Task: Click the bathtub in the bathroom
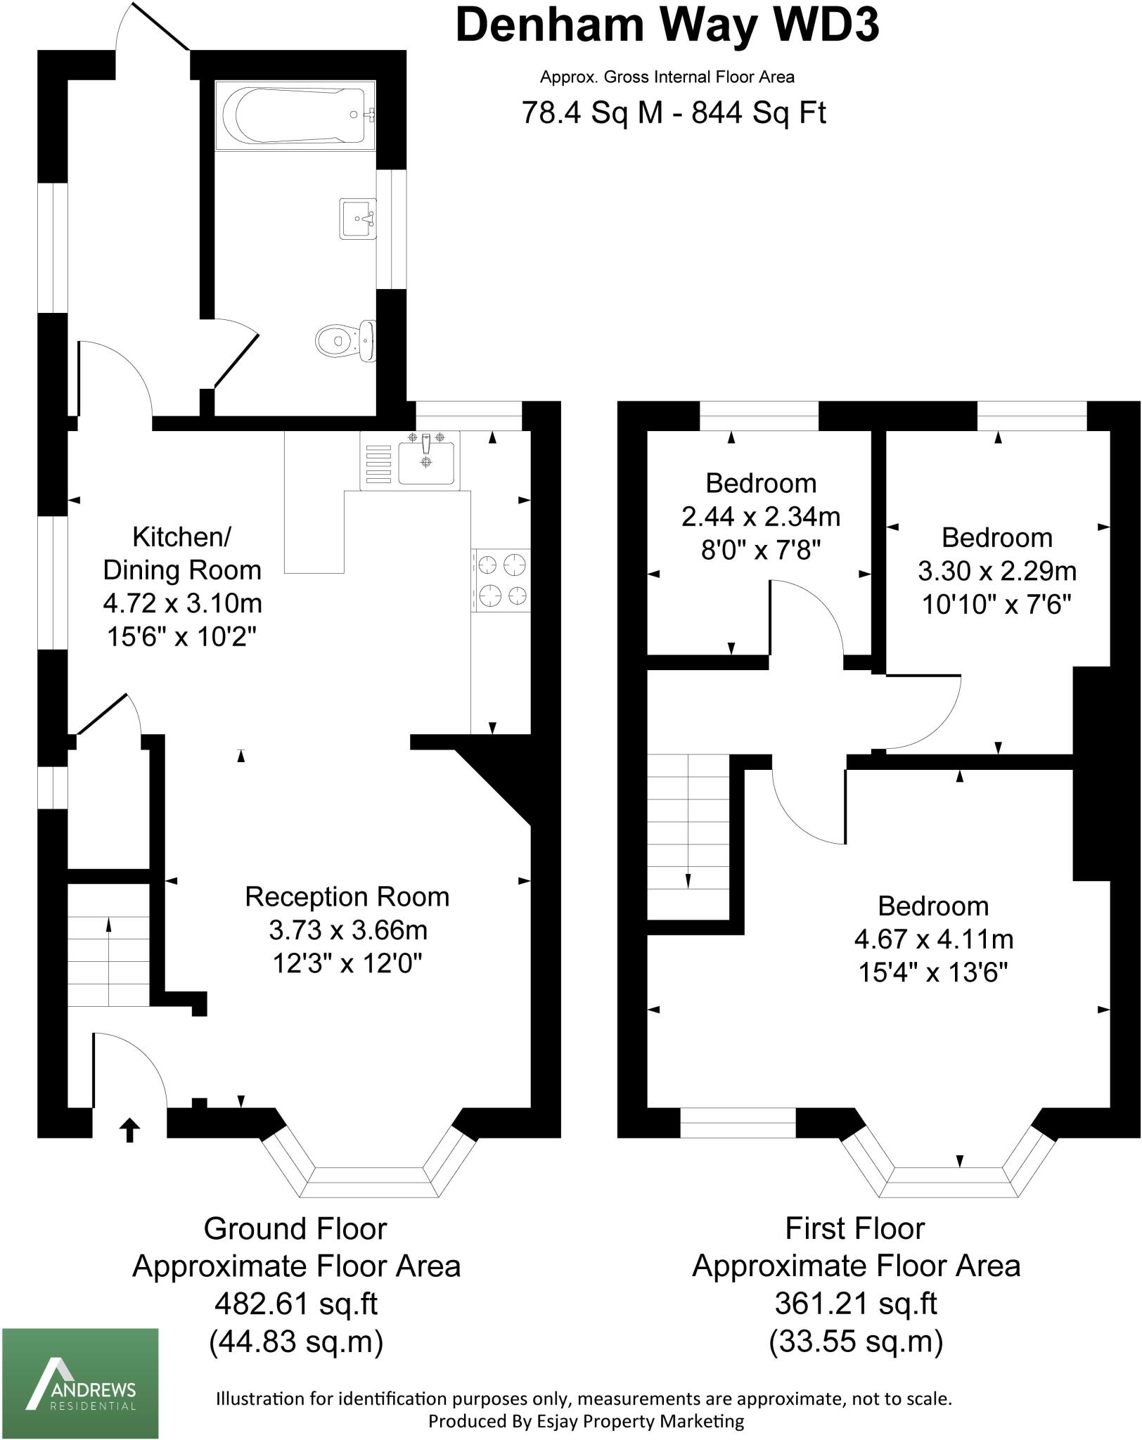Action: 295,114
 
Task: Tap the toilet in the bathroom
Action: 345,340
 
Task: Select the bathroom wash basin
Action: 359,218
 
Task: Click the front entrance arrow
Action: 130,1130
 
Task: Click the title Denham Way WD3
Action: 667,25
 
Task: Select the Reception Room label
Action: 347,896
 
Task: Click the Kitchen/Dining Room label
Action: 181,553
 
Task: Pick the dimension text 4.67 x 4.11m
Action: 933,939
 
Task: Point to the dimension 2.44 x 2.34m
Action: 761,517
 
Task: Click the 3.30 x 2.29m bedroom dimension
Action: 996,571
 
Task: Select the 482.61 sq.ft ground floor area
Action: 296,1304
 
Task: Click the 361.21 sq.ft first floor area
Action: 856,1304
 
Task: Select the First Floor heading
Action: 854,1228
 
